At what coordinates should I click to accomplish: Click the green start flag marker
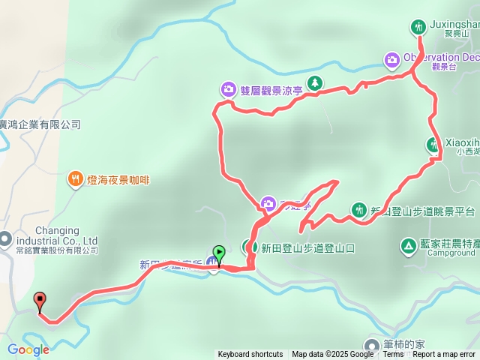point(218,253)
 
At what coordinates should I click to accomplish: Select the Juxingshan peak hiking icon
point(418,28)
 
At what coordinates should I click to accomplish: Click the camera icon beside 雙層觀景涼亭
point(228,88)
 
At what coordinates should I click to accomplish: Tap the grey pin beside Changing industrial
point(5,240)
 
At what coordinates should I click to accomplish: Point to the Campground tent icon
point(408,245)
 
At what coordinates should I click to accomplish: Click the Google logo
point(28,349)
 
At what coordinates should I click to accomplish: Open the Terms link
point(393,355)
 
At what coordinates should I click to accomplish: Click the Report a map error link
point(444,355)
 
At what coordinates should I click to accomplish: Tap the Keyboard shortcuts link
point(250,355)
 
